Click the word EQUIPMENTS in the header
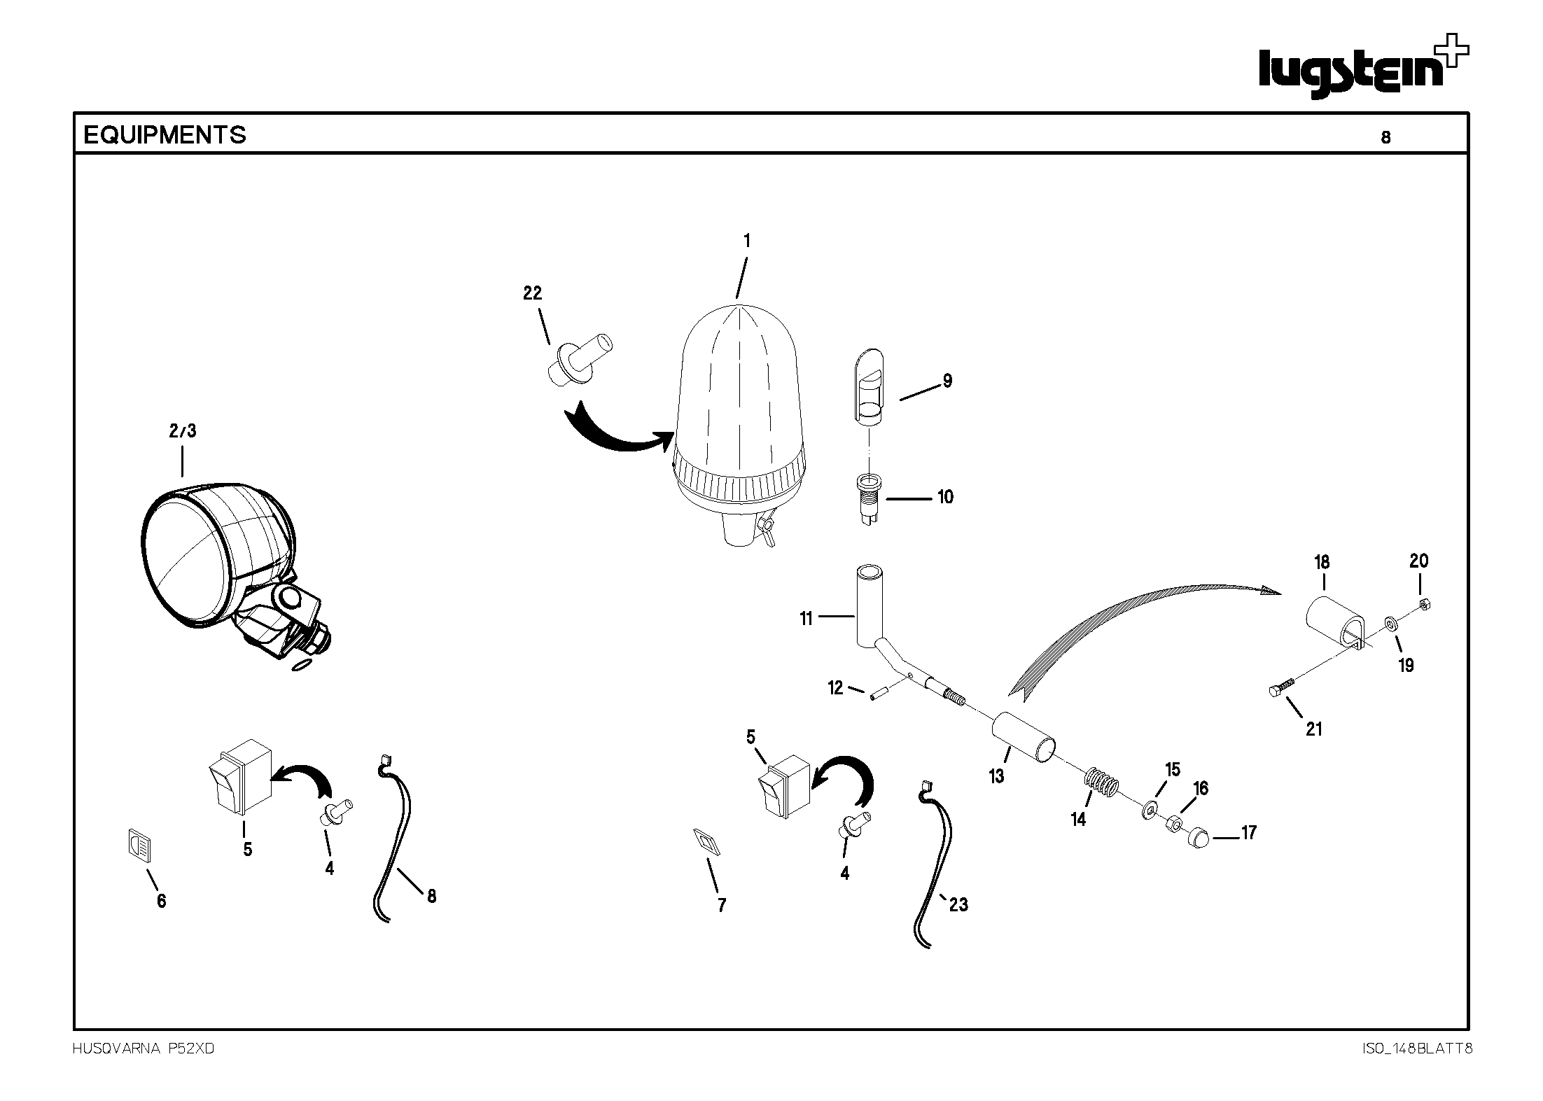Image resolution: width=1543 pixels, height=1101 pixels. (x=165, y=135)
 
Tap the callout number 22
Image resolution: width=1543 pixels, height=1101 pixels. (x=533, y=293)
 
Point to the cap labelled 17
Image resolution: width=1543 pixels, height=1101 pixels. (x=1200, y=837)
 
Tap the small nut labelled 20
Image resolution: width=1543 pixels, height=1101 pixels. (x=1423, y=603)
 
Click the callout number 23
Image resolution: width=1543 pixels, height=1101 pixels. (x=958, y=904)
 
